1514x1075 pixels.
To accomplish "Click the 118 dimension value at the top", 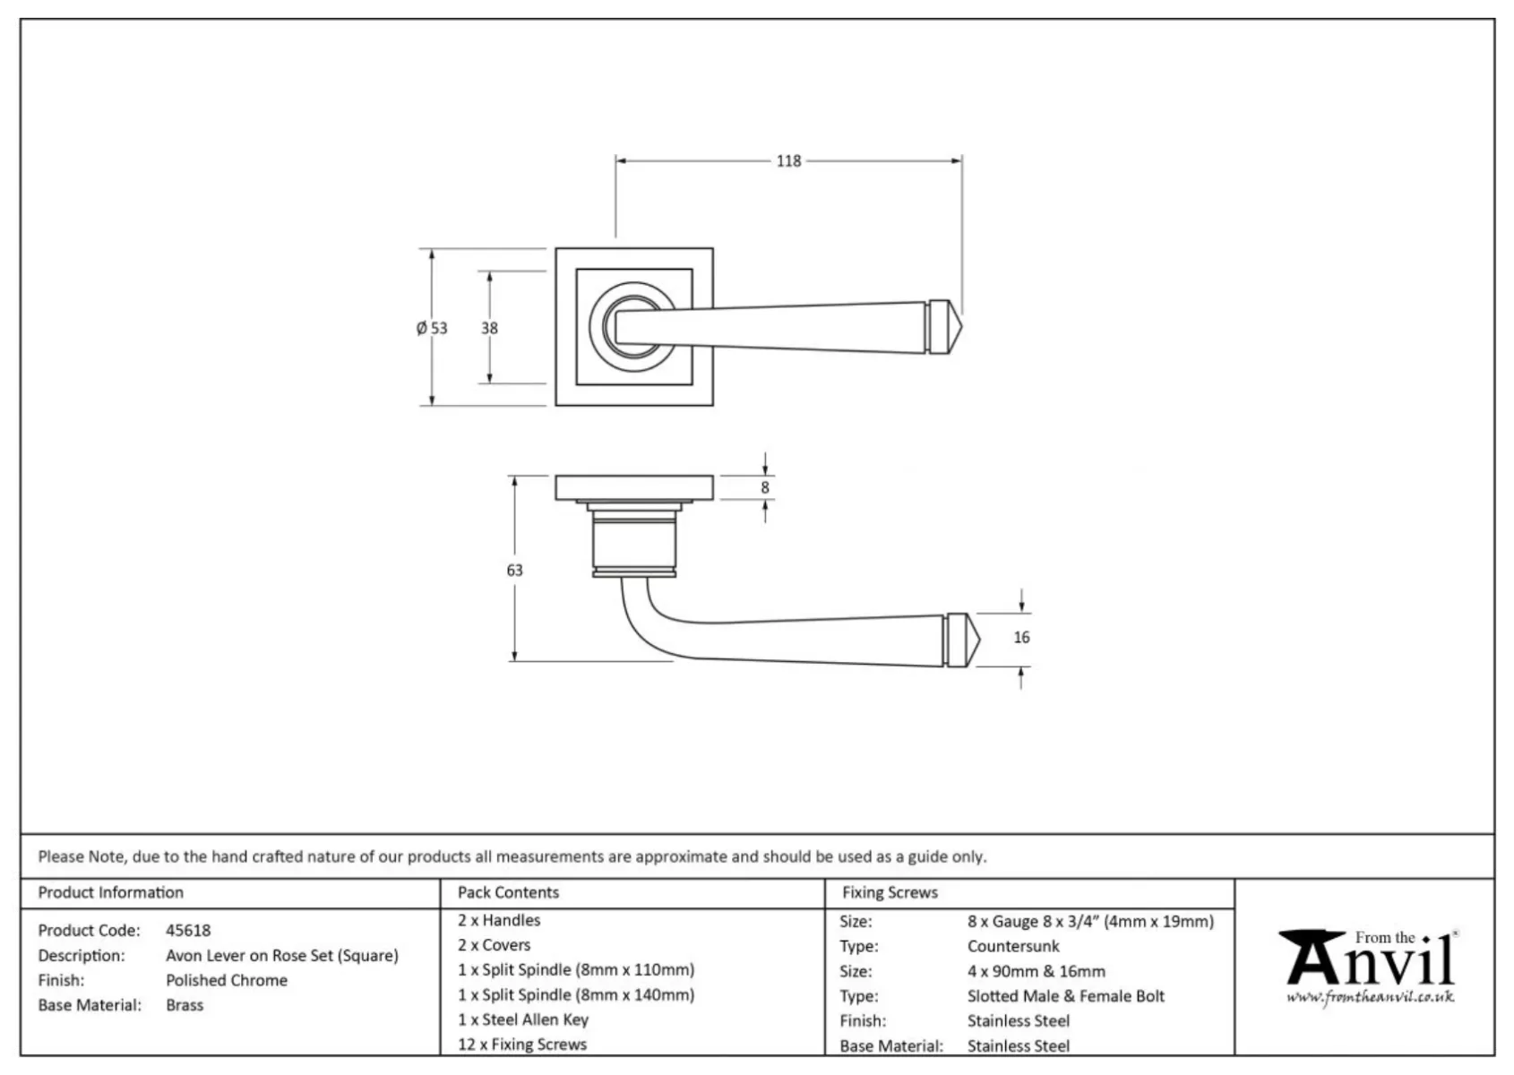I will tap(788, 161).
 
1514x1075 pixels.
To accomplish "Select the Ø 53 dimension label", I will tap(432, 328).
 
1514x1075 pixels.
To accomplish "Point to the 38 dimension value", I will tap(489, 328).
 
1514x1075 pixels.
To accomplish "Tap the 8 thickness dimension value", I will tap(764, 487).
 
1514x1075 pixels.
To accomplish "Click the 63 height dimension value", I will tap(514, 570).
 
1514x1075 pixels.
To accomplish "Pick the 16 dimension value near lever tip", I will tap(1021, 637).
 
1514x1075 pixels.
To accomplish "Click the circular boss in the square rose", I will tap(633, 327).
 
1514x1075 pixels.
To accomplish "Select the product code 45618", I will tap(188, 930).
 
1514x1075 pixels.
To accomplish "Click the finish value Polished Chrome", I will tap(227, 980).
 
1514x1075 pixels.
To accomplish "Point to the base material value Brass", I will tap(185, 1005).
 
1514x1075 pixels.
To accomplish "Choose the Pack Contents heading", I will tap(508, 892).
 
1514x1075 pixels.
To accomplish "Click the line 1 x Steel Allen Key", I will tap(523, 1019).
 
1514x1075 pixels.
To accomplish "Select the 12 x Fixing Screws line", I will tap(522, 1045).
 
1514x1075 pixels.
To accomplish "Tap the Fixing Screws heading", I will tap(890, 892).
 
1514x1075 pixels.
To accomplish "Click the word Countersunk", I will tap(1013, 946).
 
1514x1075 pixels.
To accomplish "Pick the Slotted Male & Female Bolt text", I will tap(1066, 996).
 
